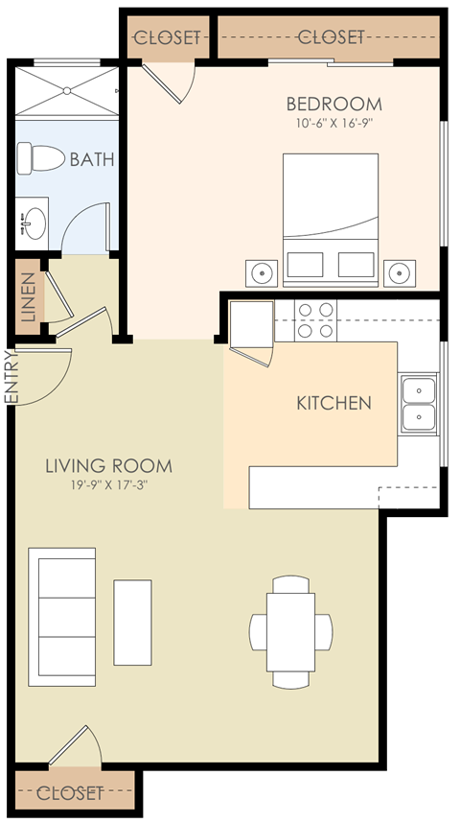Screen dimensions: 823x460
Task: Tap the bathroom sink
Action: [x=34, y=222]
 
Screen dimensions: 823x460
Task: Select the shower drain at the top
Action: [x=67, y=90]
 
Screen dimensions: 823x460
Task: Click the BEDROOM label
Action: [x=333, y=104]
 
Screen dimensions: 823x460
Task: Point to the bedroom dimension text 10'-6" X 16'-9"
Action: [x=333, y=124]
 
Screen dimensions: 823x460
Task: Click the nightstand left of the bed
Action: [x=260, y=273]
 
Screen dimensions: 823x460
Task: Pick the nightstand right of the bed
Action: [x=399, y=273]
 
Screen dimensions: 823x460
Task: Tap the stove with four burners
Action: [x=316, y=320]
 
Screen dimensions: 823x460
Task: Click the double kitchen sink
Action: [x=418, y=404]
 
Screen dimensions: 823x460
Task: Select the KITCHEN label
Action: [x=333, y=403]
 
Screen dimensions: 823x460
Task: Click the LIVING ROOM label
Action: [x=109, y=467]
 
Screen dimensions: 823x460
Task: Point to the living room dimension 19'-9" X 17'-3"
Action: [x=109, y=485]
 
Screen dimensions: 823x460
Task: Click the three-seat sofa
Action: [x=62, y=617]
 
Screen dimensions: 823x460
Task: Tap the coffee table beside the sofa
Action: [x=132, y=622]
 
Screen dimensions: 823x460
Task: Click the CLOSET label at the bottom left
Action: [x=71, y=793]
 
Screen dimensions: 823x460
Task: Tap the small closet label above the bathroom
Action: [x=168, y=38]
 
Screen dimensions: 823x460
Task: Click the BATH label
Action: [x=92, y=159]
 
